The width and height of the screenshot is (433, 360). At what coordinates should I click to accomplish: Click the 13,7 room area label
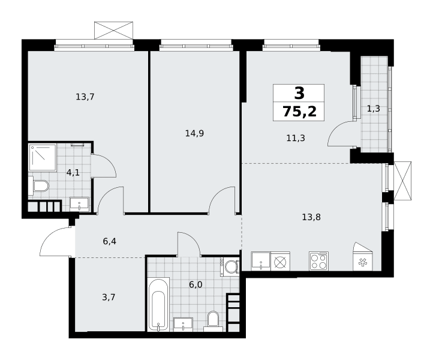tap(85, 97)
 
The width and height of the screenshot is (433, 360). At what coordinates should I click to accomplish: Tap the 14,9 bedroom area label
tap(194, 133)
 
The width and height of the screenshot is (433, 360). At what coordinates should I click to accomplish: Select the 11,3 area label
tap(296, 137)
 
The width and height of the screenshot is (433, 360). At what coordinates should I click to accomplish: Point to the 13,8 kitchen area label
tap(311, 217)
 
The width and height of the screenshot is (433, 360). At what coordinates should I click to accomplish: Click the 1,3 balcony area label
tap(374, 109)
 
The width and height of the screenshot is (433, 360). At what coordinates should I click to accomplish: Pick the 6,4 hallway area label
tap(110, 241)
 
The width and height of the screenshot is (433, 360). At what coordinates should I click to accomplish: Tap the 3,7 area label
tap(109, 297)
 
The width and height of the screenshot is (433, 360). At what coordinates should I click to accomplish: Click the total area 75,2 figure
tap(299, 112)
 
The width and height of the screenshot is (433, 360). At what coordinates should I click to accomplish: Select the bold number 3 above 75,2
tap(299, 93)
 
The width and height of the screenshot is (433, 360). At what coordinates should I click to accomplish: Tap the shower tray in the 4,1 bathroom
tap(43, 157)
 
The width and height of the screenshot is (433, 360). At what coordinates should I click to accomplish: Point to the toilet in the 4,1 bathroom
tap(38, 185)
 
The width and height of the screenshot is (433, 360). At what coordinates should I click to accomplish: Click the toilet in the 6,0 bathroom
tap(213, 322)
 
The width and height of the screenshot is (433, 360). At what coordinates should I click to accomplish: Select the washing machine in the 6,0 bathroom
tap(230, 266)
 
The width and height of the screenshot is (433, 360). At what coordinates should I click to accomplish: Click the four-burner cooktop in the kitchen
tap(318, 261)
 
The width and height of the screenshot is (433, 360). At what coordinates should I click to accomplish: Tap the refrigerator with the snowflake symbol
tap(363, 257)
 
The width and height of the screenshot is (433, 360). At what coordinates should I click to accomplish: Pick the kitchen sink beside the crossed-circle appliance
tap(261, 261)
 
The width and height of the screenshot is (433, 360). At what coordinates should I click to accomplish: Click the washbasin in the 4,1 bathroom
tap(79, 204)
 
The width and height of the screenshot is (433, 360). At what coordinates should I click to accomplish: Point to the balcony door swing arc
tap(335, 129)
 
